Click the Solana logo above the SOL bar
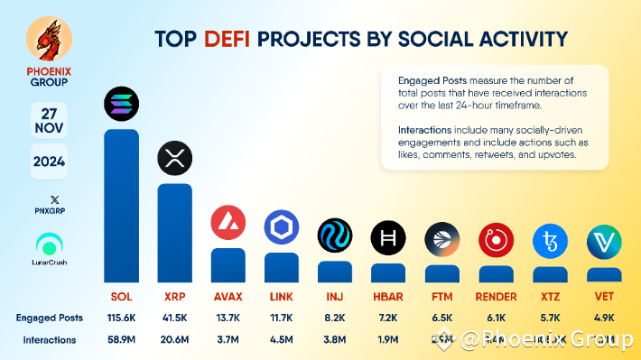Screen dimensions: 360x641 121,105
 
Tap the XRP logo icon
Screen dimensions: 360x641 174,159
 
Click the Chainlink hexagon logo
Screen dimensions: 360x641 281,227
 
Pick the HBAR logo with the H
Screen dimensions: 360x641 388,237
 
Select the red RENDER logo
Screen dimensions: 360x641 496,240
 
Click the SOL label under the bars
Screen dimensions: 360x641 121,296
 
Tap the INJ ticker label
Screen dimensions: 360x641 334,296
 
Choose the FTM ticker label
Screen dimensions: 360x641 441,296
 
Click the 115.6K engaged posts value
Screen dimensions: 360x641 121,318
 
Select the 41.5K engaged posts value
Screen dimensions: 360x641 174,318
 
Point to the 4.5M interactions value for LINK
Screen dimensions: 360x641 281,340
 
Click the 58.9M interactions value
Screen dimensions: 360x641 121,340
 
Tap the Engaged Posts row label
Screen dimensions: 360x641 49,318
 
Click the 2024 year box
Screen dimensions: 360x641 49,163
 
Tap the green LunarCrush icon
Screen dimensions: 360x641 49,245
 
